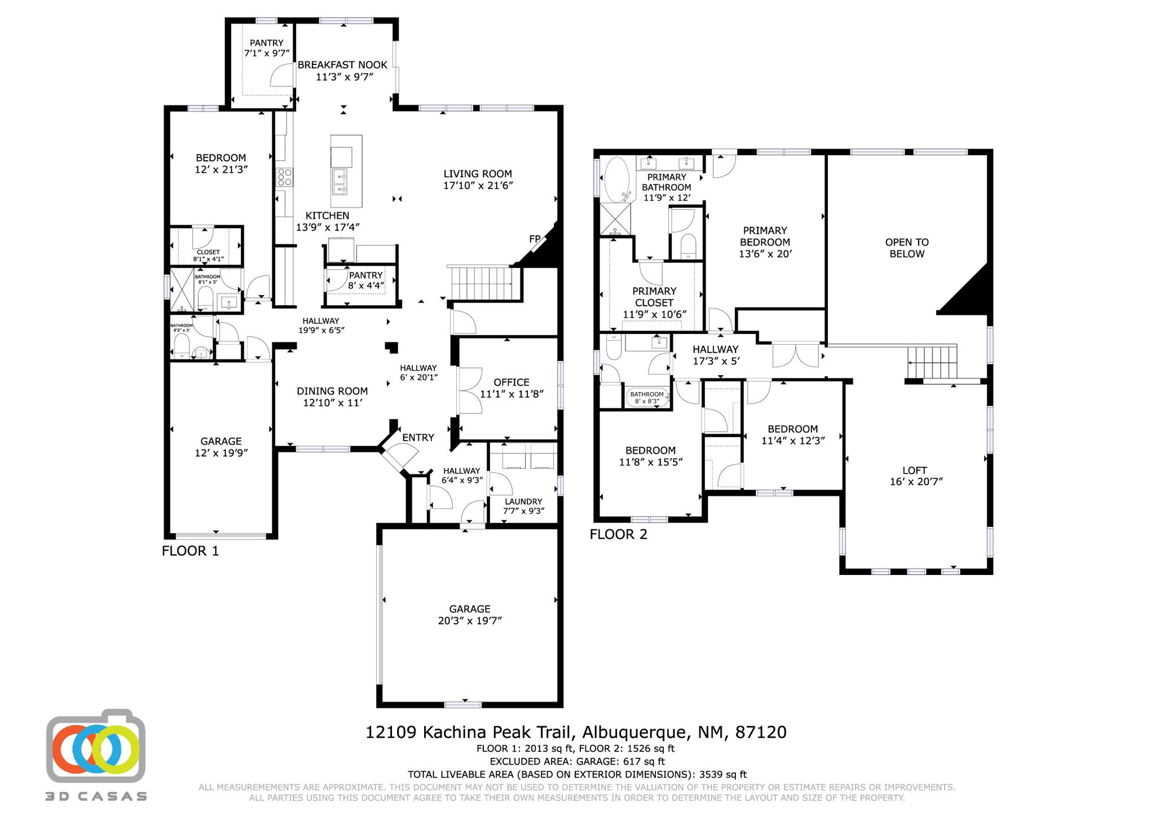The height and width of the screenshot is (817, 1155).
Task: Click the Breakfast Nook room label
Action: (342, 65)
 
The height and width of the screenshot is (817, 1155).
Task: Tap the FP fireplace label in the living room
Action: (535, 239)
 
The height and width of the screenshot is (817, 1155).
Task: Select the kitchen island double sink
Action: (340, 181)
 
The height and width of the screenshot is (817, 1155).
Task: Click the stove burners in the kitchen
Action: (284, 177)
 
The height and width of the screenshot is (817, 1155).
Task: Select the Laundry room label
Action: (523, 502)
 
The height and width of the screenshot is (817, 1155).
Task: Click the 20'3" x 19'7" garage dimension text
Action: (469, 621)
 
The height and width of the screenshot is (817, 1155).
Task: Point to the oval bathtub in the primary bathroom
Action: (616, 178)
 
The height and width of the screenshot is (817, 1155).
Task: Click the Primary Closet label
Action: (654, 296)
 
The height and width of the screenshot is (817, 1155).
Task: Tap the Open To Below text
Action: (906, 248)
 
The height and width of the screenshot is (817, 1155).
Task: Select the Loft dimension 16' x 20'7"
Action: (914, 481)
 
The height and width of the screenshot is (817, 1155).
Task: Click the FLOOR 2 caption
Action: (618, 534)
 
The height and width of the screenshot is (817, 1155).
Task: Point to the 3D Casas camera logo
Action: (96, 745)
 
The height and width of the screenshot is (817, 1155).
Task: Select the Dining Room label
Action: (332, 391)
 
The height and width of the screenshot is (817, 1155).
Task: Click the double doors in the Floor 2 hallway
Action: (795, 354)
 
